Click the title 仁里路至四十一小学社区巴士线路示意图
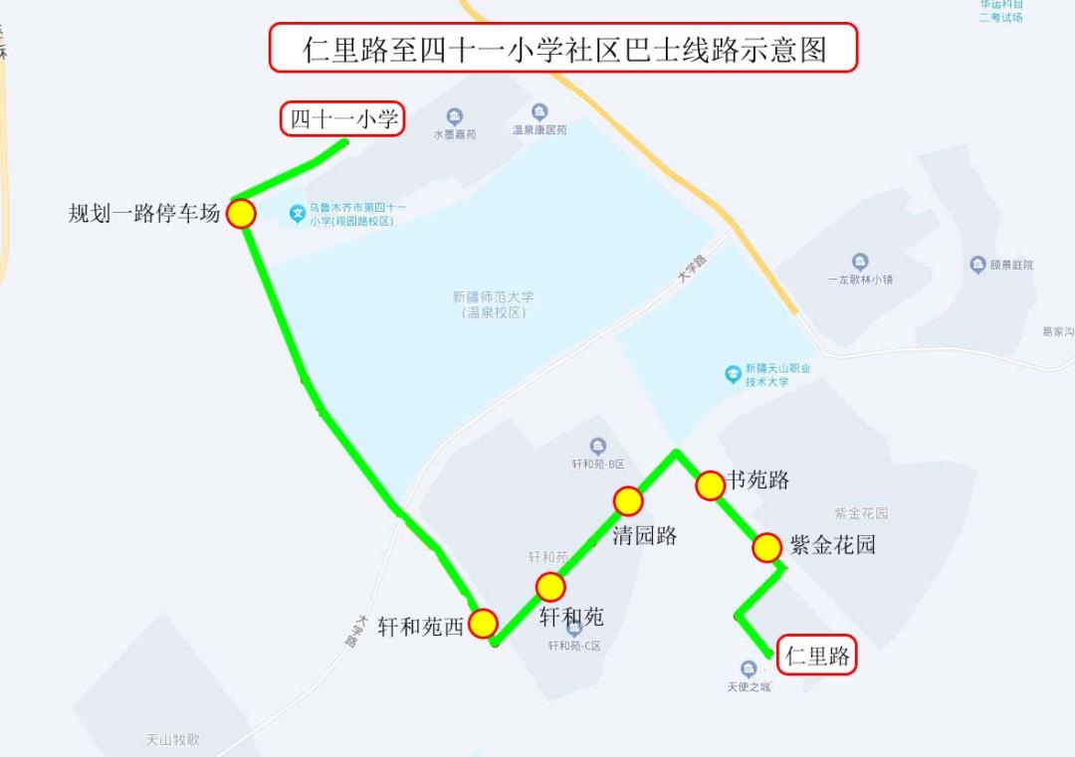[x=563, y=48]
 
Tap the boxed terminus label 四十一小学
[x=341, y=119]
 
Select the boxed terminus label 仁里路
[x=817, y=656]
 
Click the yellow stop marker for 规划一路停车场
[x=241, y=213]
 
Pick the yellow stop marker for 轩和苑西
[x=483, y=624]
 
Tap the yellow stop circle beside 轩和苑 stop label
[x=550, y=587]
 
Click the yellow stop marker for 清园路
[x=628, y=501]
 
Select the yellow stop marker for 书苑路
[x=710, y=485]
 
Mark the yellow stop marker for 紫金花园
[x=766, y=548]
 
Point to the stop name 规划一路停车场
[x=143, y=213]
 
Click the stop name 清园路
[x=645, y=535]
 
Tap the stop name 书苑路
[x=758, y=480]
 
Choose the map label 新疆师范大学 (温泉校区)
[x=493, y=304]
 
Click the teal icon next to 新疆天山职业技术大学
[x=734, y=374]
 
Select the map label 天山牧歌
[x=172, y=740]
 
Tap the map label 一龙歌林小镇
[x=860, y=280]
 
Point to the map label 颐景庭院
[x=1011, y=265]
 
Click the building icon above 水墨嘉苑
[x=455, y=117]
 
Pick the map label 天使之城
[x=749, y=686]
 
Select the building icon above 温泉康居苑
[x=539, y=112]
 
